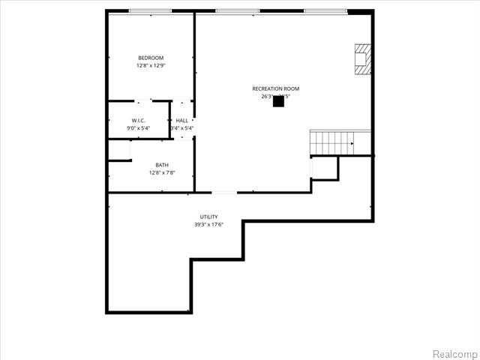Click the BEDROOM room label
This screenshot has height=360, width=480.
click(150, 58)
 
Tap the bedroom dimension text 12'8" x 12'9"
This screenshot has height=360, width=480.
click(150, 66)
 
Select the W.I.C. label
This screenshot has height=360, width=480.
click(138, 120)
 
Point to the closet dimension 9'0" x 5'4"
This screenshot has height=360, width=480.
click(138, 128)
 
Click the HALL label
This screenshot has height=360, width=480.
click(182, 120)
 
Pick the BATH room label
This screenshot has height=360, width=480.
click(162, 165)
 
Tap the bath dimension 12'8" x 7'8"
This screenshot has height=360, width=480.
click(162, 173)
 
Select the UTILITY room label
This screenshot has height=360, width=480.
click(208, 217)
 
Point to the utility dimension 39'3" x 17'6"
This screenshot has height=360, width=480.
click(208, 224)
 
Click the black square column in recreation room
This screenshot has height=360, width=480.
click(278, 101)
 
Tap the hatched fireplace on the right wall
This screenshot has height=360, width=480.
click(363, 58)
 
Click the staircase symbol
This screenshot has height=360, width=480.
click(331, 141)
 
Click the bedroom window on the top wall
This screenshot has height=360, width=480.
click(150, 10)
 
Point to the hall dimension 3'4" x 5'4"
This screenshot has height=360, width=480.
click(182, 128)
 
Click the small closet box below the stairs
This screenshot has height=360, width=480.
click(324, 168)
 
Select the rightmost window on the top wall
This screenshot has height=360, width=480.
click(325, 10)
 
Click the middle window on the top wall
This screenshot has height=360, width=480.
click(237, 10)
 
